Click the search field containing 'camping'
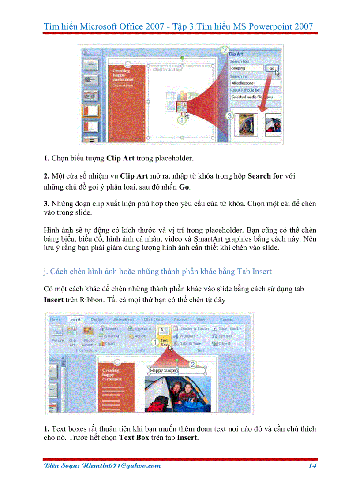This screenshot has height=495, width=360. tap(246, 68)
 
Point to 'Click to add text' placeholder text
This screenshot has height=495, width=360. tap(168, 69)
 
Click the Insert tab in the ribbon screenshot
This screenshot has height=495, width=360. tap(75, 319)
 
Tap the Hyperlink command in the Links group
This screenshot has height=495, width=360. tap(140, 328)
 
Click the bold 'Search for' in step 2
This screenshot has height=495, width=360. tap(265, 176)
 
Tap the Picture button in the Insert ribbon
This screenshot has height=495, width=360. tap(57, 335)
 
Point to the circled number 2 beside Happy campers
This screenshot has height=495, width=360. tap(192, 364)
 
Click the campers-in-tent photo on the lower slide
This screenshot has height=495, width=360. tap(177, 393)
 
